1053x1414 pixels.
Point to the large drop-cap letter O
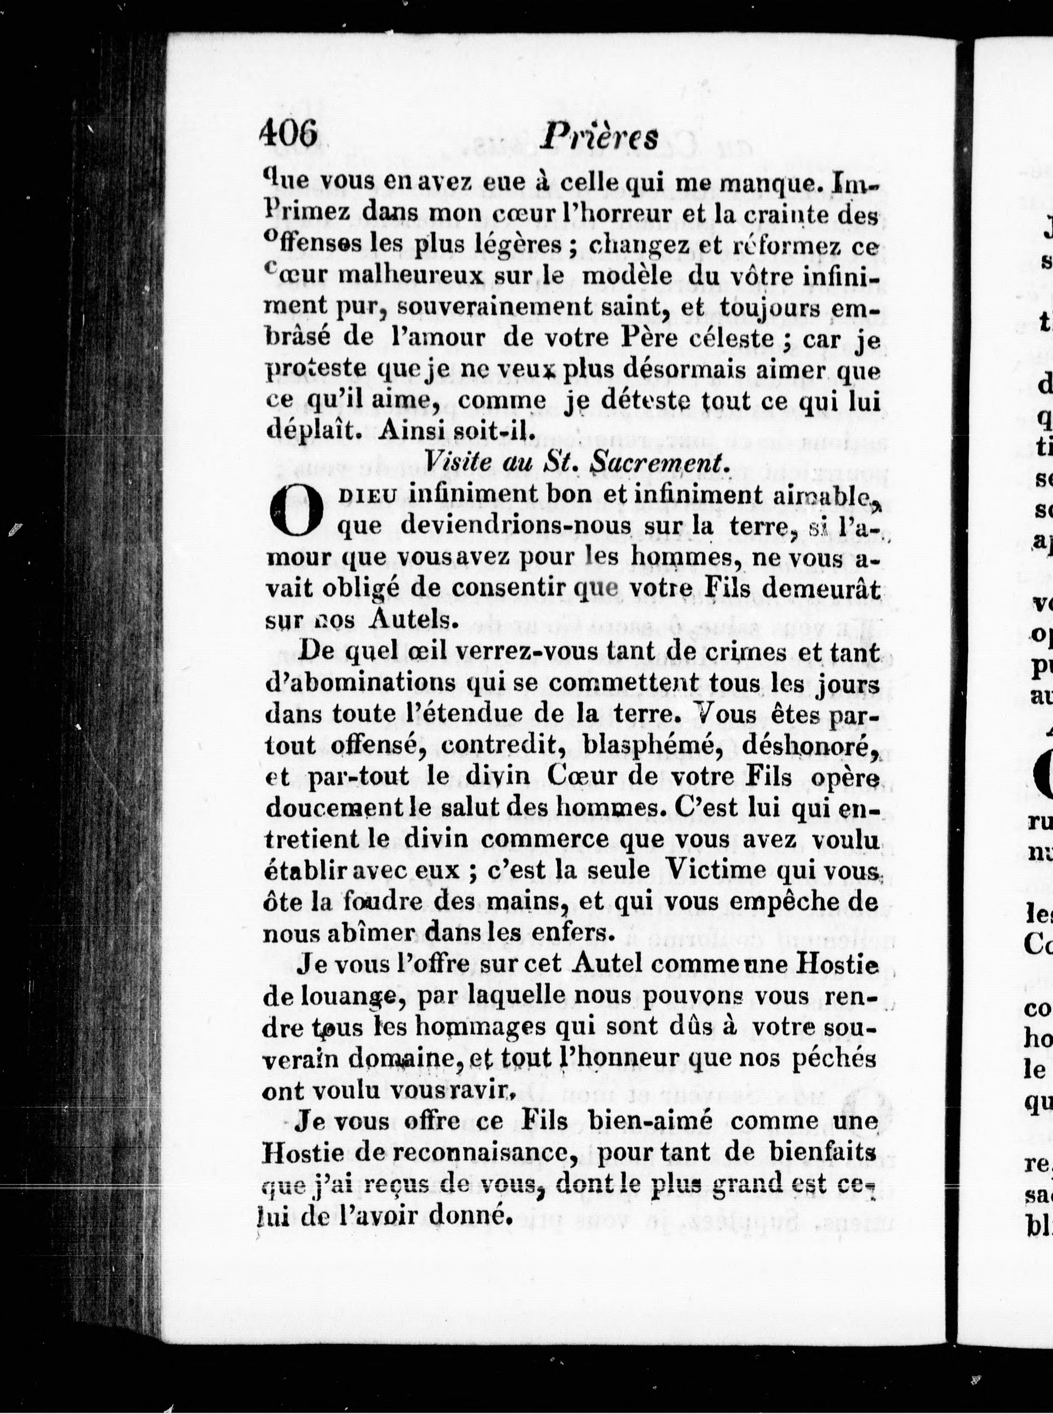tap(294, 511)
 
